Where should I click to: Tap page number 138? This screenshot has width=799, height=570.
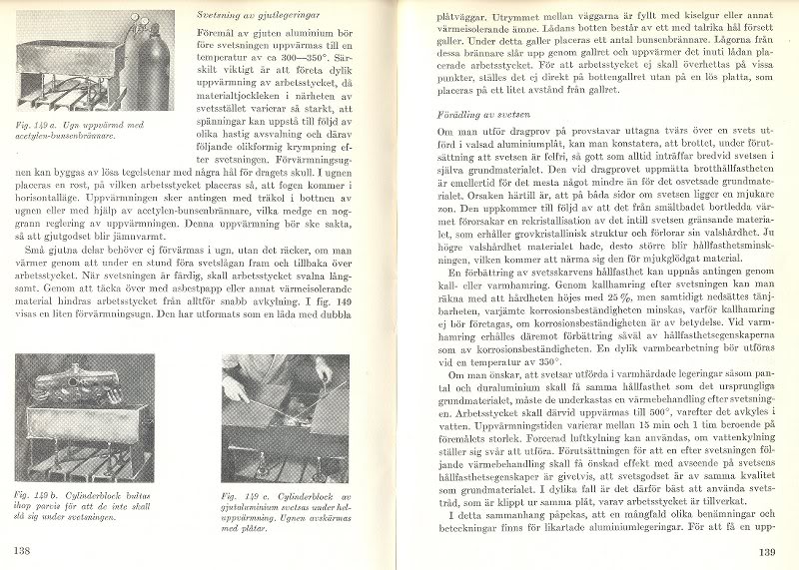[21, 550]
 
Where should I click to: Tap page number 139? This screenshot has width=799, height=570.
[767, 551]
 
